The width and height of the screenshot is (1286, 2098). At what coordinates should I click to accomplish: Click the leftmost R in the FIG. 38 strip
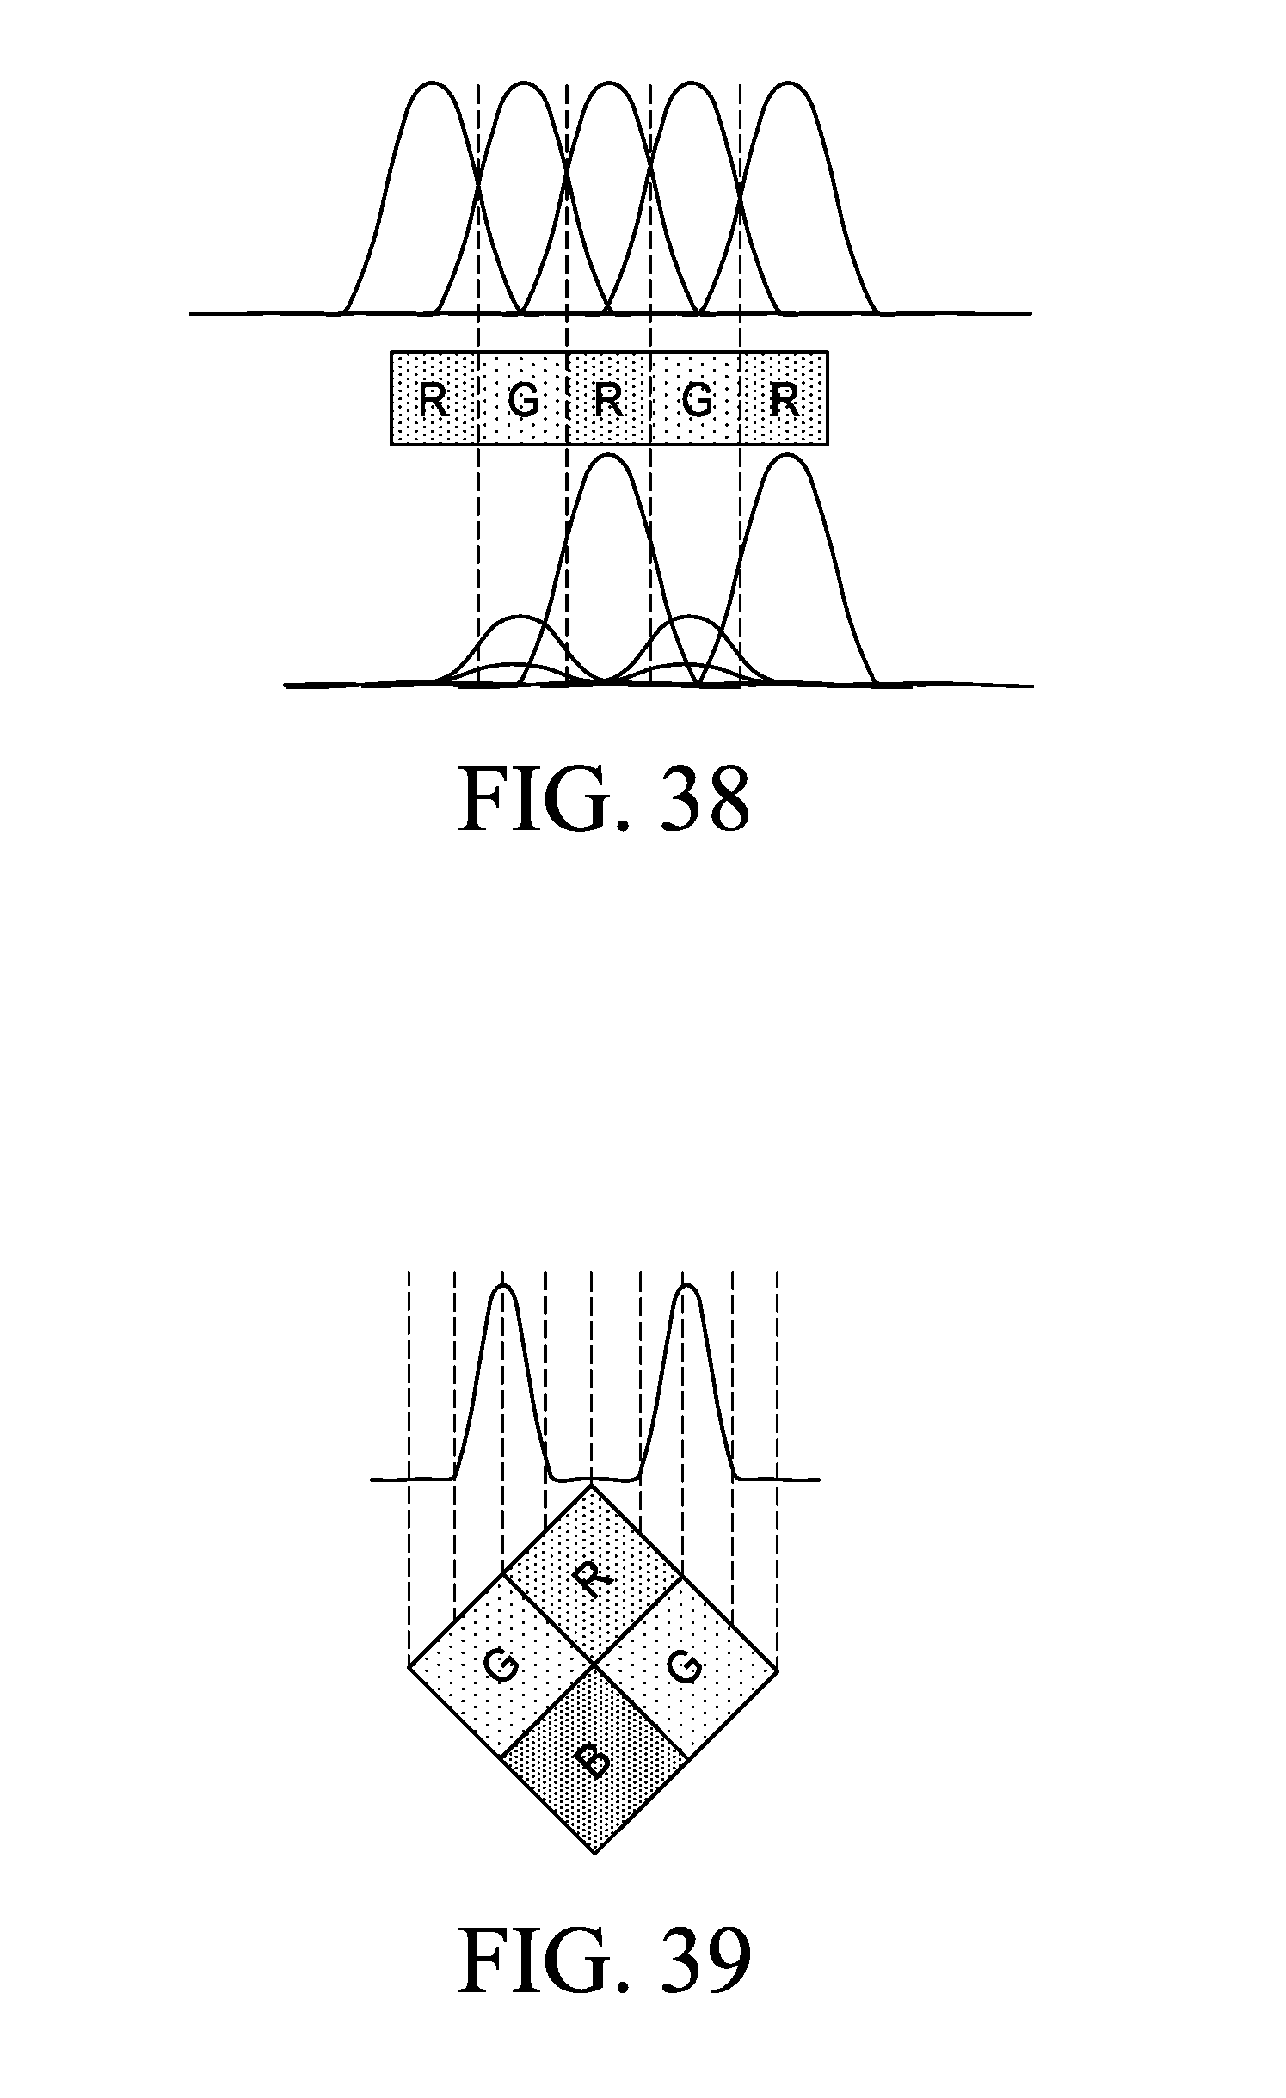(x=434, y=398)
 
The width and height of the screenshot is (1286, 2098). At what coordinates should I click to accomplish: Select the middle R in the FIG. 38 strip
(x=609, y=398)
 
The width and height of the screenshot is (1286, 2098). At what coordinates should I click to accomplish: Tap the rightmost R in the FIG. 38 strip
(x=785, y=398)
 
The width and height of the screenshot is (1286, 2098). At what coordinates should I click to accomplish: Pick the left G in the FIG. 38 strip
(x=522, y=398)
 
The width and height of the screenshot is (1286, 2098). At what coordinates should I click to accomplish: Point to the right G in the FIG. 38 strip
(x=698, y=398)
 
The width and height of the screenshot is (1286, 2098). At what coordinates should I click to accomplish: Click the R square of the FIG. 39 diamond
(x=592, y=1573)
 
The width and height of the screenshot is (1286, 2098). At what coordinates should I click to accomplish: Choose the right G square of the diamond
(x=686, y=1668)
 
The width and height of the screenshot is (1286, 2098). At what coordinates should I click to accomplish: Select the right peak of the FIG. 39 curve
(x=686, y=1288)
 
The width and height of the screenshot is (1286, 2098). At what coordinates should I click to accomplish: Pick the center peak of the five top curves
(x=609, y=84)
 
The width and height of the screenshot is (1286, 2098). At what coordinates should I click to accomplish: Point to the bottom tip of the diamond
(x=594, y=1852)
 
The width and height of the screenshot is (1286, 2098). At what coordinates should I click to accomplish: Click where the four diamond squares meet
(x=594, y=1666)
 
